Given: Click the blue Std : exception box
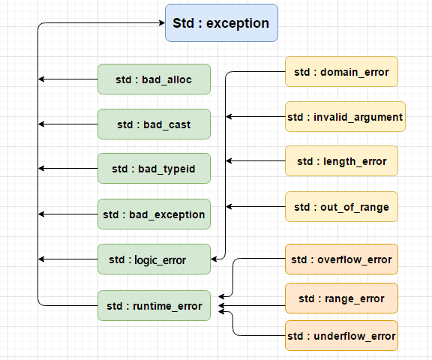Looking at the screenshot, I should pos(221,22).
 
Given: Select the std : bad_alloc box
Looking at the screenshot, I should pos(154,79).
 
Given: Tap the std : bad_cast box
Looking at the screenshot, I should pos(154,124).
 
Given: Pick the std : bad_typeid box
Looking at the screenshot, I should pos(154,169).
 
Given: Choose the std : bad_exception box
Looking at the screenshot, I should pos(154,214).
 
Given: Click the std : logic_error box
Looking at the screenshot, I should pos(154,259).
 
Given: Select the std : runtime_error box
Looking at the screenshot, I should pos(154,305).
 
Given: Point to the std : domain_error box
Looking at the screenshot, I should pos(341,72).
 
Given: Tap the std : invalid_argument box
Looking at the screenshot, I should pos(346,117).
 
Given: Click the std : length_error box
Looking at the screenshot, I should pos(341,161).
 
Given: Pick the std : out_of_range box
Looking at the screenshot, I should pos(341,206).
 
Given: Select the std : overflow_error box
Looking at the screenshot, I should pos(341,259).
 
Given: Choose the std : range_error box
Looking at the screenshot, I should pos(341,298).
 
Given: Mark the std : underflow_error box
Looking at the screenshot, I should pos(341,335).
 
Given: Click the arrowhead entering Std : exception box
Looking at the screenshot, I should pos(161,23).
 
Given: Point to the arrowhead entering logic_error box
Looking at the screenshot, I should pos(214,259).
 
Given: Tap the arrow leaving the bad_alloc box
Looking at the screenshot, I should pos(67,79).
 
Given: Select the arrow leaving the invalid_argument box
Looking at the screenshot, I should pos(255,117).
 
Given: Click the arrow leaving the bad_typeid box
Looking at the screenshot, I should pos(67,169).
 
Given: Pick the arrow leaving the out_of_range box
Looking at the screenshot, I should pos(255,206).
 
